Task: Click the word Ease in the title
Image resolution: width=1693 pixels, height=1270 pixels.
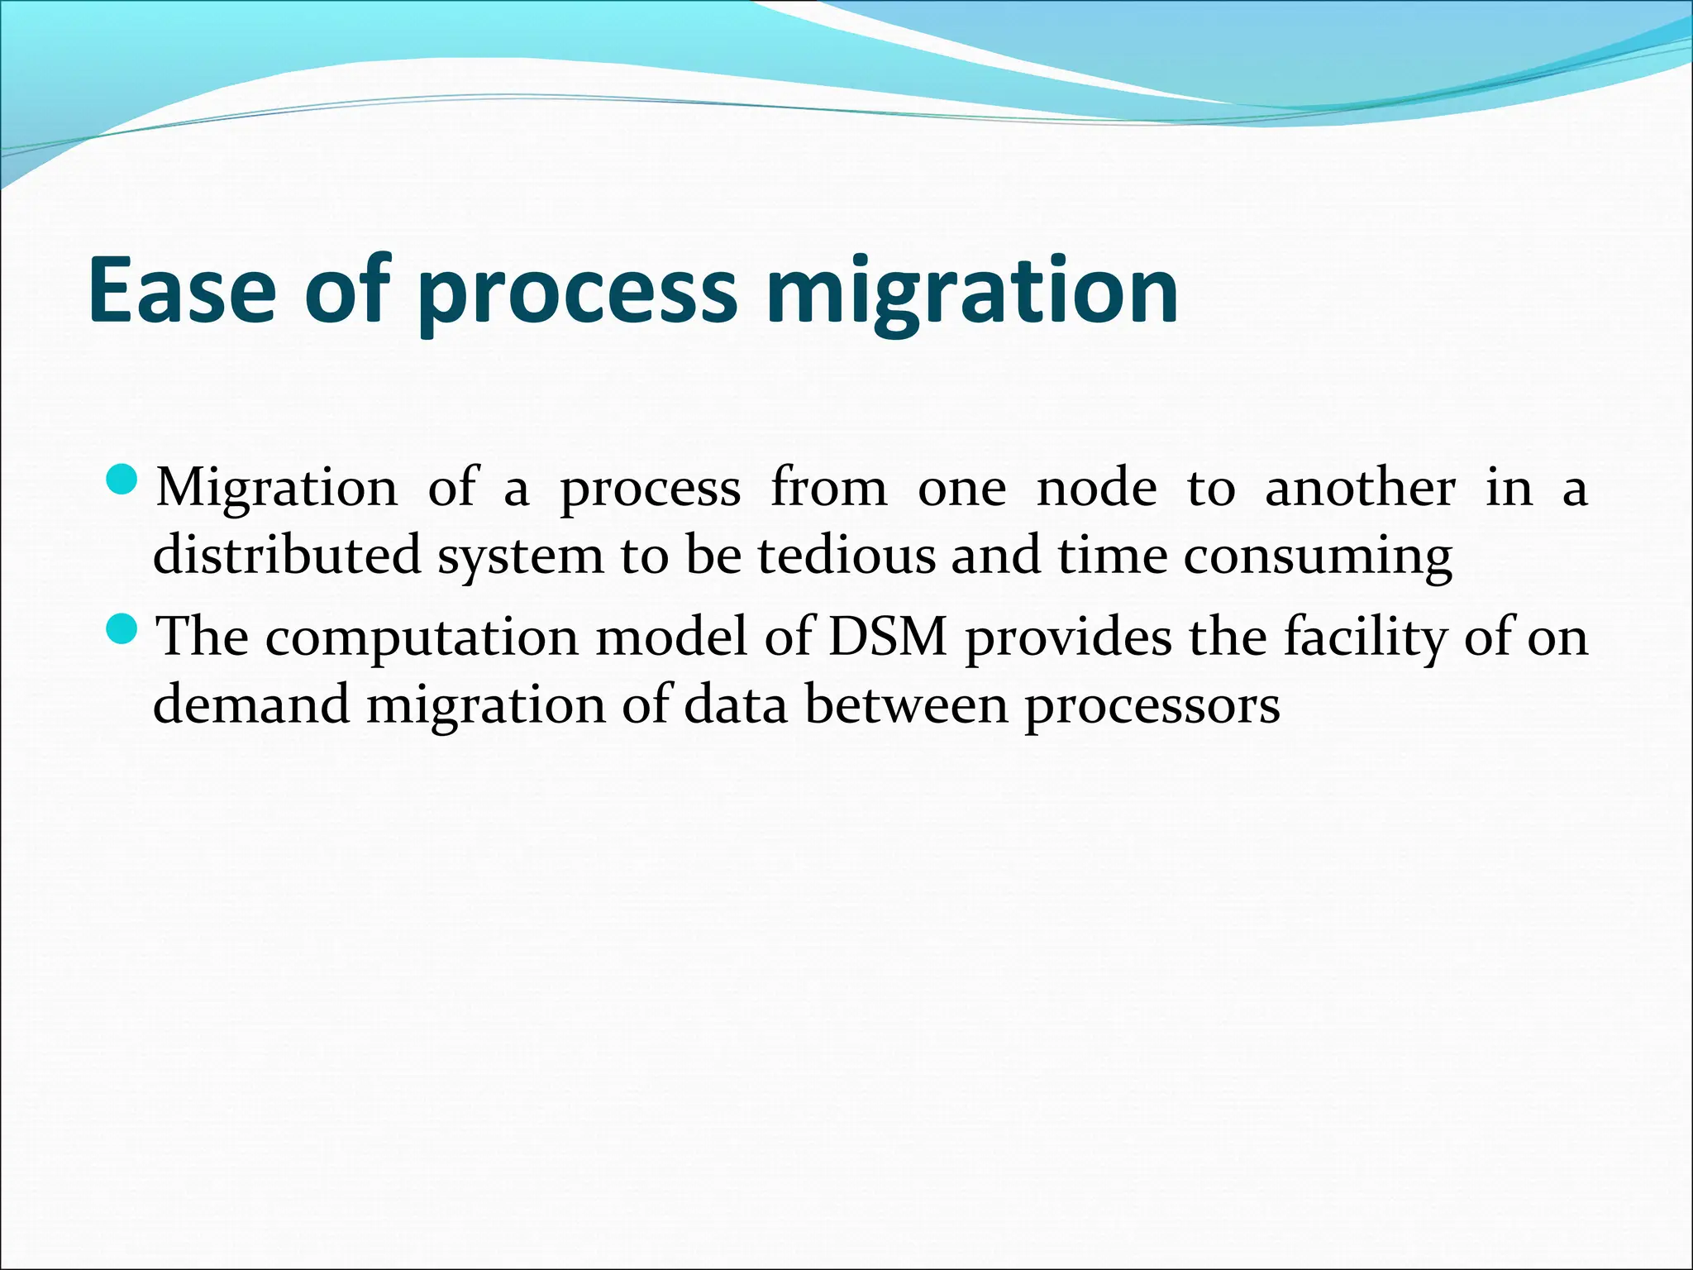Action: (x=182, y=289)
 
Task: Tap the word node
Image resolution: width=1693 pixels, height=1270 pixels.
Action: (x=1096, y=488)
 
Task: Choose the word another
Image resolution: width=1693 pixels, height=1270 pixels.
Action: (x=1360, y=488)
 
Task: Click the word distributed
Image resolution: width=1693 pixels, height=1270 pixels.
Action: (x=287, y=555)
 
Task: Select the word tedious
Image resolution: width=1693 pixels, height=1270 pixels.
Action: (x=846, y=555)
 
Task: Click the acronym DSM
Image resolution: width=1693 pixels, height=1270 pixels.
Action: (x=887, y=637)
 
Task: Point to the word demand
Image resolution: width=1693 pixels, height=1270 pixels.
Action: (x=250, y=705)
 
